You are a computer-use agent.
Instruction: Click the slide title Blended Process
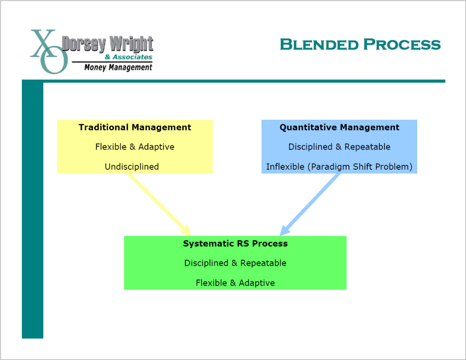click(x=360, y=45)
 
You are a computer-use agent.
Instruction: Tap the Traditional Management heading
click(x=135, y=127)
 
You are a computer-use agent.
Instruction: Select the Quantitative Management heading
click(x=339, y=127)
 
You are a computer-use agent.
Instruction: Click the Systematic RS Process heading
click(x=235, y=243)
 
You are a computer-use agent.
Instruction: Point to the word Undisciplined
click(x=132, y=167)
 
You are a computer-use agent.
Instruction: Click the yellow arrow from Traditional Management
click(x=157, y=203)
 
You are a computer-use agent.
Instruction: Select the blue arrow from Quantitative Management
click(x=312, y=203)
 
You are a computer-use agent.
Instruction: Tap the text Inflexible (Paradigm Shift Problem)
click(x=339, y=167)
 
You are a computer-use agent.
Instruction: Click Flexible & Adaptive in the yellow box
click(x=135, y=147)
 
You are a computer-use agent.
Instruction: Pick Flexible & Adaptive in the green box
click(x=235, y=283)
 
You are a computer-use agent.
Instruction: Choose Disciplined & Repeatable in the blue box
click(x=339, y=147)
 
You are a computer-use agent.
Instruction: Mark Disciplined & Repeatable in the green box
click(x=235, y=263)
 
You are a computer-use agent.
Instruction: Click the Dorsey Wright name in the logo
click(x=108, y=45)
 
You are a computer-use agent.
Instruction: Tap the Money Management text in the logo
click(x=118, y=67)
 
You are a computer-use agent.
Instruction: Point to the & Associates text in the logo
click(x=128, y=57)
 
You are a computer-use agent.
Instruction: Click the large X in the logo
click(x=43, y=43)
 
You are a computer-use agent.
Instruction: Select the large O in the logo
click(x=54, y=61)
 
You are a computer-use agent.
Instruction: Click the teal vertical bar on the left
click(x=32, y=209)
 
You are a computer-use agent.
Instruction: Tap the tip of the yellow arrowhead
click(x=190, y=235)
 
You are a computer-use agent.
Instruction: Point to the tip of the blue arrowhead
click(x=281, y=235)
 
